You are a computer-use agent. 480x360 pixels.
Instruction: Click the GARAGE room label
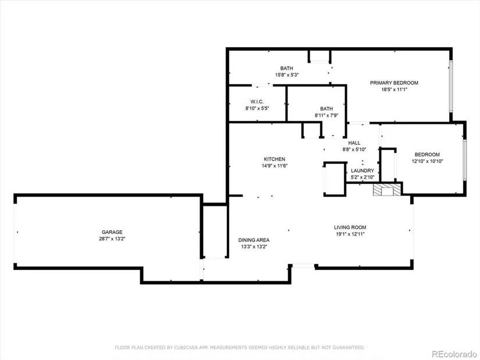point(112,232)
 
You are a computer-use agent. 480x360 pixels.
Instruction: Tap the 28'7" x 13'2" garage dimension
point(112,239)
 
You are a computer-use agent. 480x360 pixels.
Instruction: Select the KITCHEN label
point(275,159)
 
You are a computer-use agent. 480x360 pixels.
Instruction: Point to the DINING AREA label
point(254,240)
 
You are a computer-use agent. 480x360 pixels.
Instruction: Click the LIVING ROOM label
point(350,227)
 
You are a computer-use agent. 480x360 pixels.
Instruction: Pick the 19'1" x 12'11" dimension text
point(350,234)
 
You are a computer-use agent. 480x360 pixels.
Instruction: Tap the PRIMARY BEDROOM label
point(394,83)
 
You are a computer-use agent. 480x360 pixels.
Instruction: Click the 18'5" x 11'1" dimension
point(394,90)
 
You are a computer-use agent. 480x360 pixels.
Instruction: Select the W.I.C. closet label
point(257,102)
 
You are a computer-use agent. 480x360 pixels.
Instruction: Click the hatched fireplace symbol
point(387,190)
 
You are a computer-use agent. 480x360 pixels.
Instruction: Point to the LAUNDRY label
point(362,170)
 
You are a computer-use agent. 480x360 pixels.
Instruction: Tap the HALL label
point(354,143)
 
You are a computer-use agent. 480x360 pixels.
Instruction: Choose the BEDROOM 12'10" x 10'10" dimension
point(428,161)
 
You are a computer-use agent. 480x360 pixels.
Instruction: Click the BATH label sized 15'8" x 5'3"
point(286,68)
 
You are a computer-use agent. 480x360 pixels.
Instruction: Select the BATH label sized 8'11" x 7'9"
point(326,109)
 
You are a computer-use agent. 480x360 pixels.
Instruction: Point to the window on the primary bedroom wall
point(450,85)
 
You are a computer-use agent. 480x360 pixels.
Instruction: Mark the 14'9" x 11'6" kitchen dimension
point(275,166)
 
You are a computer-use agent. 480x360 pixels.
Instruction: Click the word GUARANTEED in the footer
point(349,347)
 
